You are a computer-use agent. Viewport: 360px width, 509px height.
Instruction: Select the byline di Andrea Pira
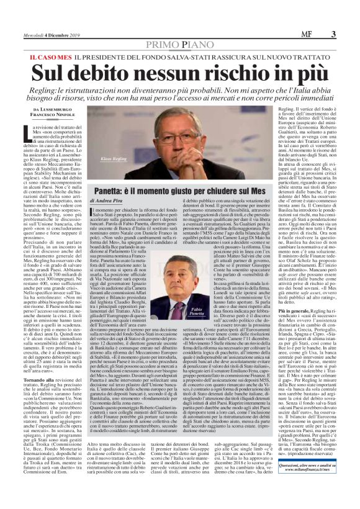[111, 201]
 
